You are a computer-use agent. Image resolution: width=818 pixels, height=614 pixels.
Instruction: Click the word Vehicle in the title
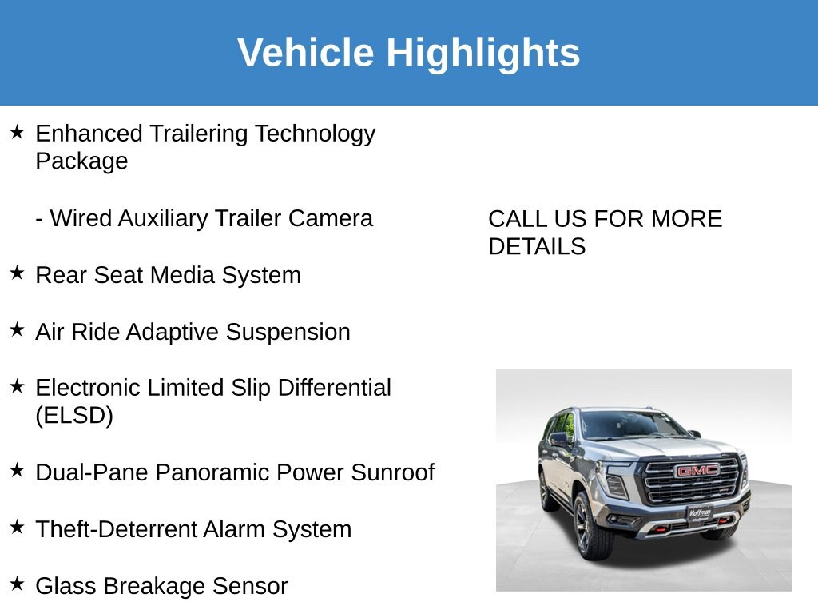pos(306,52)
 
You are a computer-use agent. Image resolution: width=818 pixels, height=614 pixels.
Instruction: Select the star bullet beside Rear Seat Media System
pos(17,273)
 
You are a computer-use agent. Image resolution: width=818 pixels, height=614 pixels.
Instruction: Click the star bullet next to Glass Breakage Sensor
pos(17,583)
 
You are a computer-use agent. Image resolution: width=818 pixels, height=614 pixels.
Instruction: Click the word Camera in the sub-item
pos(331,218)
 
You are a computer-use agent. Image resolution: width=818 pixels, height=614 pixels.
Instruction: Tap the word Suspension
pos(288,333)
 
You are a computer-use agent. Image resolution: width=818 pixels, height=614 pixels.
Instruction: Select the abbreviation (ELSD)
pos(74,416)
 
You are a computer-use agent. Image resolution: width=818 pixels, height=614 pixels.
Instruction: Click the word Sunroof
pos(393,472)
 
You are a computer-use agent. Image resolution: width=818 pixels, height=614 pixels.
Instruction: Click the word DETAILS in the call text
pos(537,246)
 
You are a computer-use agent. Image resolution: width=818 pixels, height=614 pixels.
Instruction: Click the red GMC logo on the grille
pos(697,471)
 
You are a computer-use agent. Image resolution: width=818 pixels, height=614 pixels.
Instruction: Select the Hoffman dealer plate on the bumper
pos(700,513)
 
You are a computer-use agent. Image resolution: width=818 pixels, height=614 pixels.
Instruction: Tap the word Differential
pos(335,388)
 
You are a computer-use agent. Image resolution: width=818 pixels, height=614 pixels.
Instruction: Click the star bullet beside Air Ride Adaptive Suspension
pos(17,329)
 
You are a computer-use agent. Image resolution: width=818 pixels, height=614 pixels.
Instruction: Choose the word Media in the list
pos(182,275)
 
